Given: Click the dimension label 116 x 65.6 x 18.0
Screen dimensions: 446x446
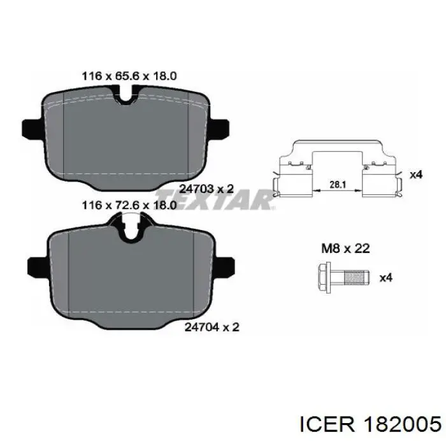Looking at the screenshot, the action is tap(129, 76).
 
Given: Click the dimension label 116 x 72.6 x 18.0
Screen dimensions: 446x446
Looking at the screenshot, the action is tap(129, 205).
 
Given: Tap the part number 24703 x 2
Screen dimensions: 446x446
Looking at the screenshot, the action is tap(207, 189).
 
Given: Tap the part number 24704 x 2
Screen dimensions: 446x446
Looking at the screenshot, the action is tap(212, 327).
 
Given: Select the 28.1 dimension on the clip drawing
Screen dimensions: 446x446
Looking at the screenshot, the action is tap(338, 185).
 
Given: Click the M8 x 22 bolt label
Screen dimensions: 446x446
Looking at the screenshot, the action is tap(345, 248).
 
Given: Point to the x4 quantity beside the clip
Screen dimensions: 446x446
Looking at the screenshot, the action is tap(416, 175).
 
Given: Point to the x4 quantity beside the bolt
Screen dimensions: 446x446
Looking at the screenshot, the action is tap(386, 278).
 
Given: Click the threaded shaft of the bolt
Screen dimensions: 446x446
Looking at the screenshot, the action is tap(357, 278).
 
